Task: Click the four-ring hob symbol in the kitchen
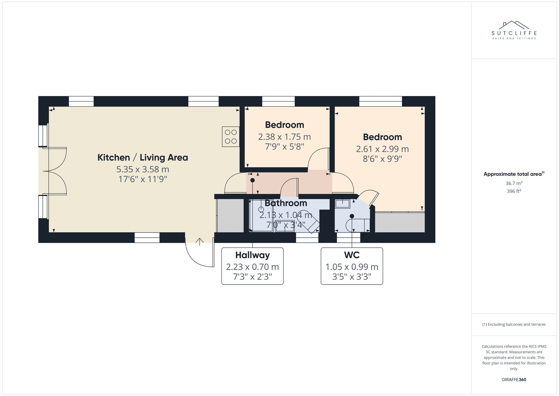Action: pos(231,137)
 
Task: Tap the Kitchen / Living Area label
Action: pos(143,158)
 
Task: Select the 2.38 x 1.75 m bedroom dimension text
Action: pos(284,137)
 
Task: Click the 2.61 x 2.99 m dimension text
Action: pos(382,149)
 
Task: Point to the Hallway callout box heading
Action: pos(252,255)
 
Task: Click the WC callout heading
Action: pos(352,255)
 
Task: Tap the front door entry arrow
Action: pos(200,242)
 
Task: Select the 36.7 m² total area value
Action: pos(514,183)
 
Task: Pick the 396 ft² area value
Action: pos(514,191)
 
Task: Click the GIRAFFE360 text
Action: pos(514,379)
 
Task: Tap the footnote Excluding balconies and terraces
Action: pos(514,324)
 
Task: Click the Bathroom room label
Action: pos(286,203)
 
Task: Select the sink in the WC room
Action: pos(342,204)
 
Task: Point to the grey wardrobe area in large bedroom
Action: pos(400,222)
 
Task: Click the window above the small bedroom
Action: pos(278,101)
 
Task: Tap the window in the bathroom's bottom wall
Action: pos(307,238)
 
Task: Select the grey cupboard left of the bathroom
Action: pos(230,215)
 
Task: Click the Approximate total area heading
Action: pos(514,174)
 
